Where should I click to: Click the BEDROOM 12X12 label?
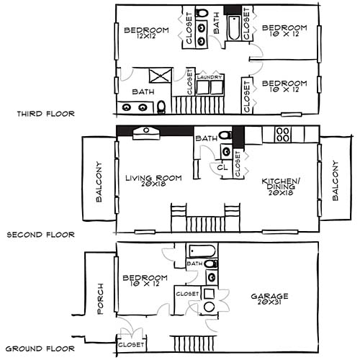[146, 33]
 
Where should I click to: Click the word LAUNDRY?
[210, 77]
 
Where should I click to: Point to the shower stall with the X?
[159, 74]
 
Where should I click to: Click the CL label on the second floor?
[223, 166]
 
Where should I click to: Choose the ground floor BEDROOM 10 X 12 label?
[145, 282]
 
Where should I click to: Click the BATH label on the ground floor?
[195, 264]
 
